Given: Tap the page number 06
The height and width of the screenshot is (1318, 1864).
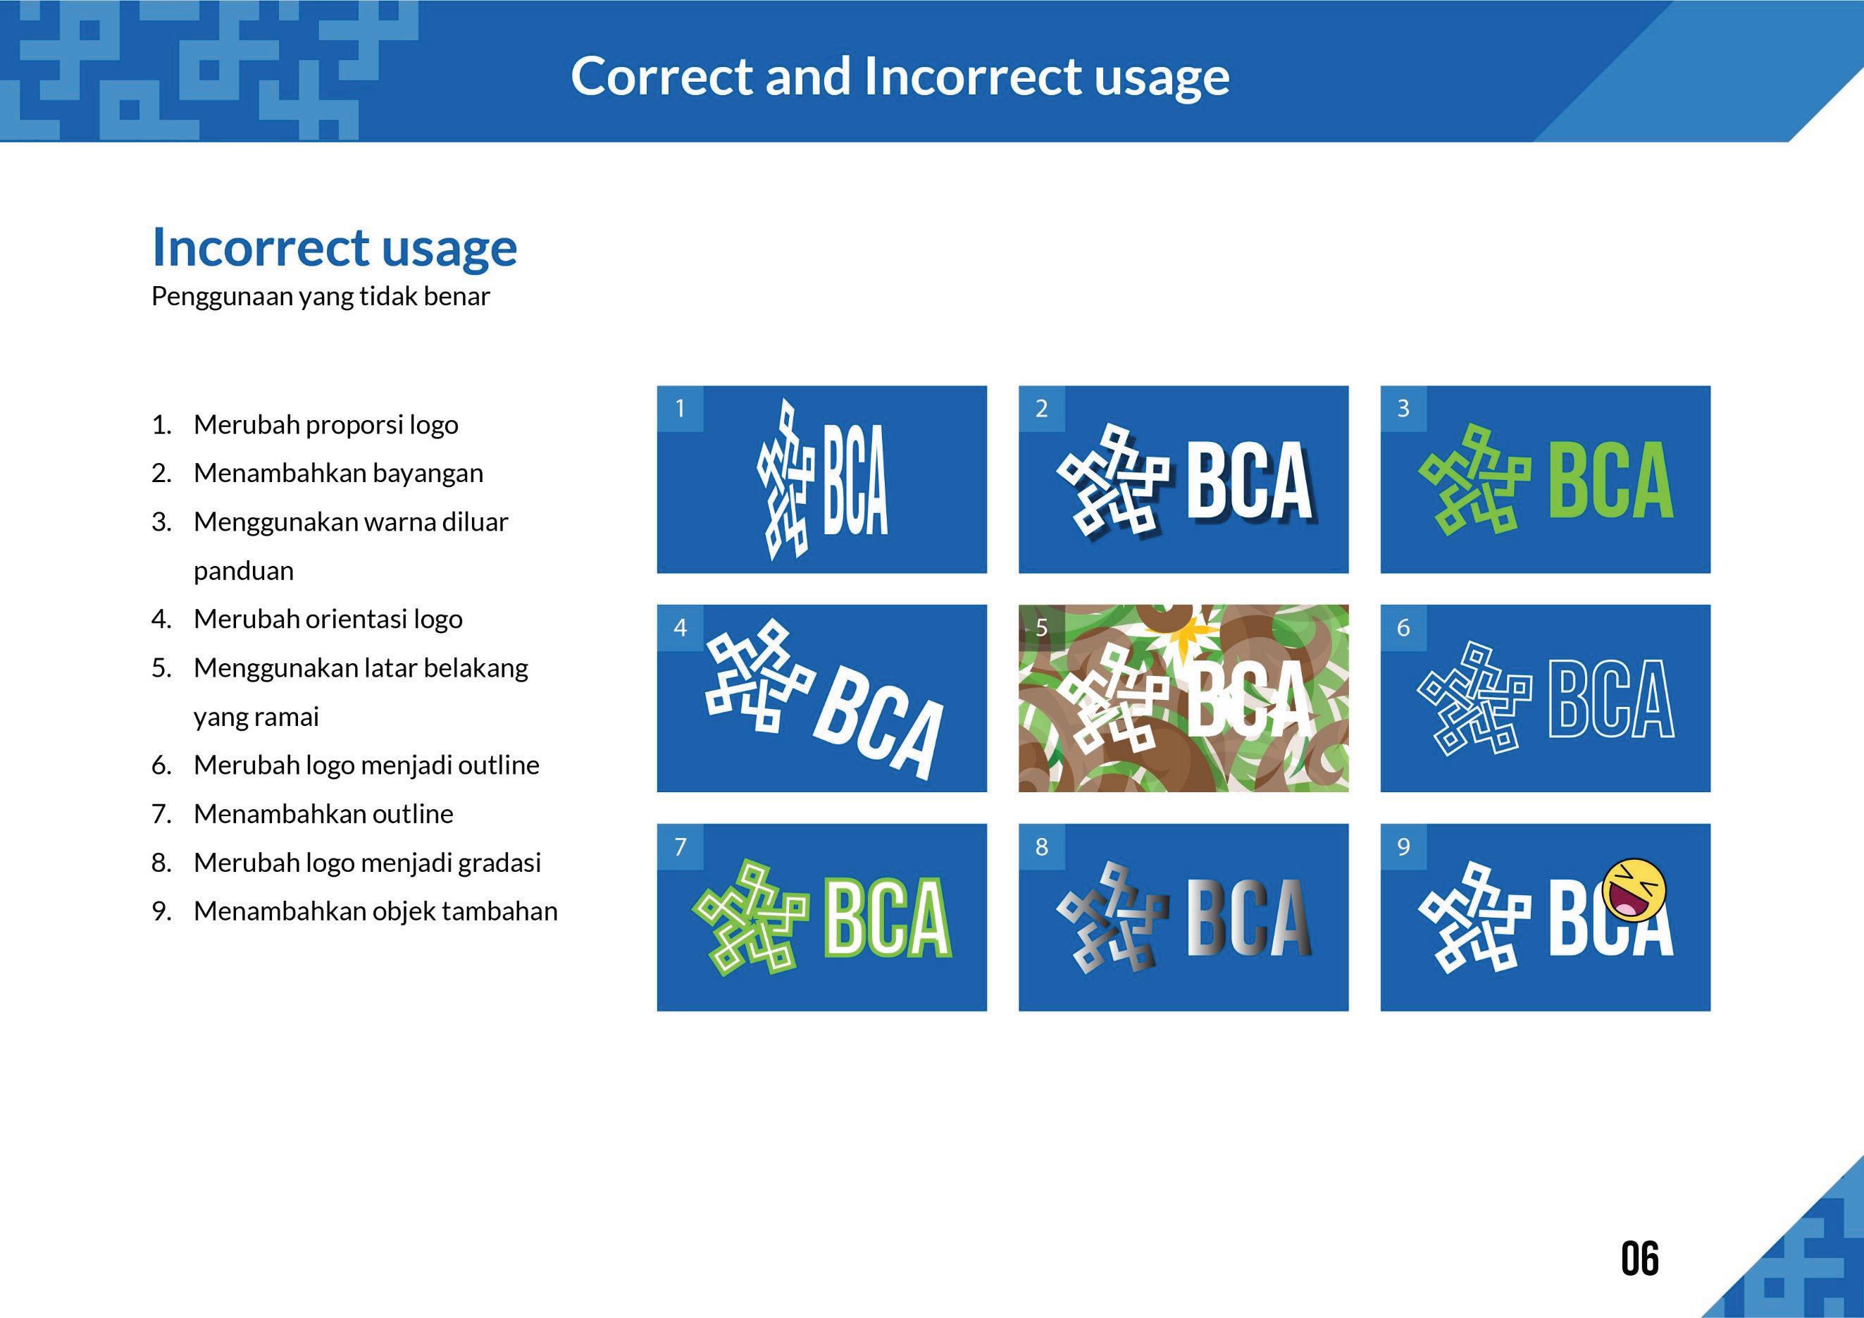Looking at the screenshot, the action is [x=1640, y=1259].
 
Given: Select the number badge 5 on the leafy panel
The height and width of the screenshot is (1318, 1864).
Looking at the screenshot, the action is [x=1042, y=627].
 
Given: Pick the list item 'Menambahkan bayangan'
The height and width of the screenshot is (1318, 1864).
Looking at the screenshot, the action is [x=337, y=473].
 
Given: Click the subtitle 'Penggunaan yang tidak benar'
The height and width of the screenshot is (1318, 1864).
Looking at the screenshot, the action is [x=321, y=297].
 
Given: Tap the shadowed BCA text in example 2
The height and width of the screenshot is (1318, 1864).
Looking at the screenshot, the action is [x=1250, y=481].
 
